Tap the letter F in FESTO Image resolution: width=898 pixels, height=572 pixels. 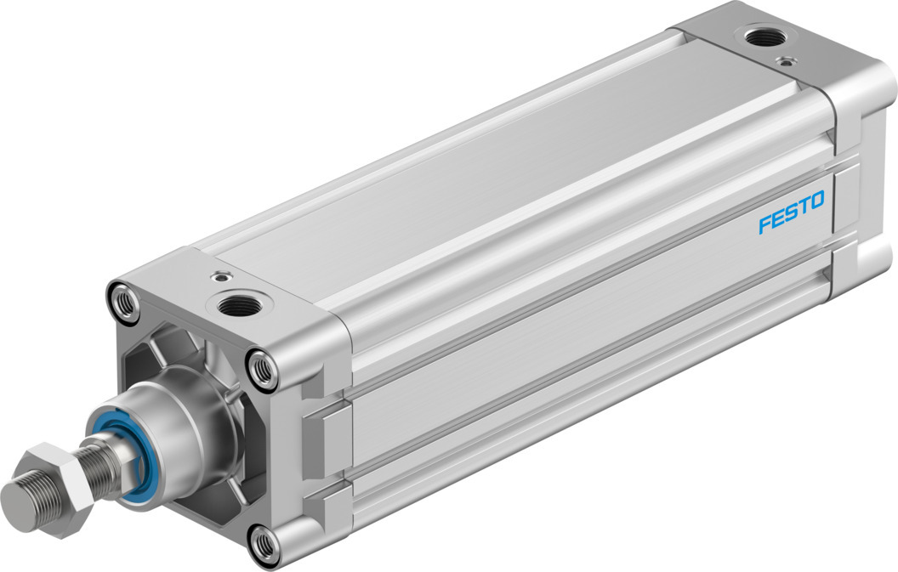coord(764,224)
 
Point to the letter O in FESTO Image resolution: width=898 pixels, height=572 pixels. coord(817,201)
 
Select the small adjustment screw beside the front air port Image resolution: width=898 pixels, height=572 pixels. coord(222,275)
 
